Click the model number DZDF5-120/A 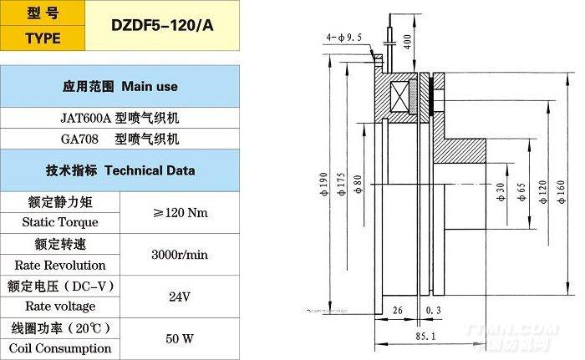[x=162, y=25]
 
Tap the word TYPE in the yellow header [x=43, y=38]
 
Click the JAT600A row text [x=120, y=119]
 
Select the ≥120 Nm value [x=181, y=213]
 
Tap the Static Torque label [x=60, y=222]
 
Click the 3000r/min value [x=180, y=255]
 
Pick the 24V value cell [x=180, y=297]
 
